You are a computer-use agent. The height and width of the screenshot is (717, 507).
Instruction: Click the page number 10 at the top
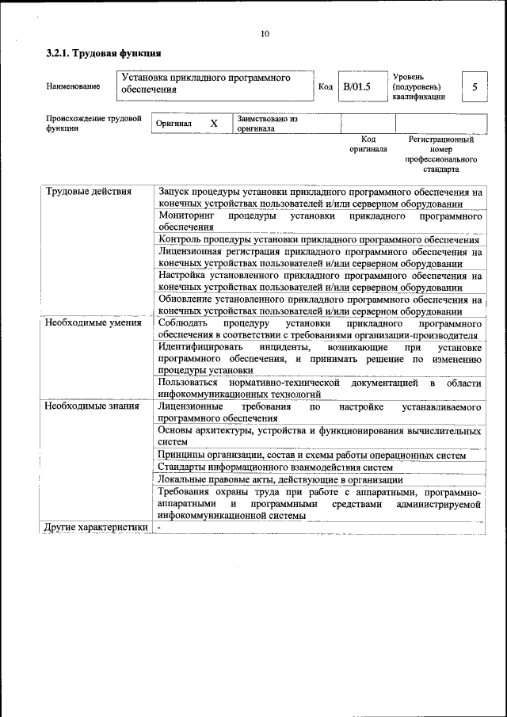click(x=265, y=33)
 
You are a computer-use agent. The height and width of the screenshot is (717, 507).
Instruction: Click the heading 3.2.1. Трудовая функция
click(x=104, y=54)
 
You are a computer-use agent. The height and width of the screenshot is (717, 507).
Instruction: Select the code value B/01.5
click(x=357, y=86)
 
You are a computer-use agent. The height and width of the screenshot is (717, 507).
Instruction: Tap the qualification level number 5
click(x=474, y=86)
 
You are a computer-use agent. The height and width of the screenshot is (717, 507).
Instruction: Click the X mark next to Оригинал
click(x=213, y=124)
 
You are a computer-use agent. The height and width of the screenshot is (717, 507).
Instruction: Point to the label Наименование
click(x=73, y=86)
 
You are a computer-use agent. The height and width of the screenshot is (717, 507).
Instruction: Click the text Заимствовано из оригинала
click(x=266, y=124)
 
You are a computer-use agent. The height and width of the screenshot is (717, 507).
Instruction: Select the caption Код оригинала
click(x=368, y=143)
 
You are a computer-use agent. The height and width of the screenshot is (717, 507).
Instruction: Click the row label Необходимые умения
click(x=93, y=322)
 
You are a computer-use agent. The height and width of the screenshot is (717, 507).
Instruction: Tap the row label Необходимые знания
click(x=92, y=406)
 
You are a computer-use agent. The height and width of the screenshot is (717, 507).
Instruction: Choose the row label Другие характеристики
click(x=96, y=527)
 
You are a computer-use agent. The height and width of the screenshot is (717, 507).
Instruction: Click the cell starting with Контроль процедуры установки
click(x=318, y=239)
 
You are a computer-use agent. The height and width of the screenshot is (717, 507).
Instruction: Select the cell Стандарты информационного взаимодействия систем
click(x=275, y=467)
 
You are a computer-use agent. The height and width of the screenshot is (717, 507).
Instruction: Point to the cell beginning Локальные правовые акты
click(x=280, y=479)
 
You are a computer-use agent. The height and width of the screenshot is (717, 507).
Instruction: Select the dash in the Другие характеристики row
click(x=159, y=527)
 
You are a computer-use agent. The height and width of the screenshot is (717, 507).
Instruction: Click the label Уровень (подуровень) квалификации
click(x=417, y=86)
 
